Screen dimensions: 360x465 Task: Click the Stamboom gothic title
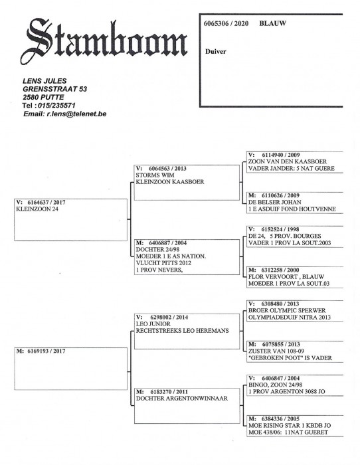(x=104, y=40)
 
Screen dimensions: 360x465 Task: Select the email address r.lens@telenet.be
(x=76, y=114)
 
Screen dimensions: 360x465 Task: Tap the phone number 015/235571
(x=56, y=105)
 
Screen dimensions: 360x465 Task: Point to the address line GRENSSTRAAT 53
(x=55, y=89)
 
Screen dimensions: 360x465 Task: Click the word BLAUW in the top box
(x=272, y=23)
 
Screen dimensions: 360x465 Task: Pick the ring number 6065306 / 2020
(x=226, y=23)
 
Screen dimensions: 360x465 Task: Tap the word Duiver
(x=216, y=51)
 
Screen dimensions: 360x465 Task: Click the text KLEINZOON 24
(x=37, y=209)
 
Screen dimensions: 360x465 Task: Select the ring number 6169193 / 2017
(x=46, y=351)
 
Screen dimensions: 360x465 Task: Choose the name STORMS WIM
(x=155, y=175)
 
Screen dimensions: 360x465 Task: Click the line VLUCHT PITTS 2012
(x=163, y=263)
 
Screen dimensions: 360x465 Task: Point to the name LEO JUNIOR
(x=153, y=324)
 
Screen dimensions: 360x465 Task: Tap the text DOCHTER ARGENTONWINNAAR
(x=182, y=399)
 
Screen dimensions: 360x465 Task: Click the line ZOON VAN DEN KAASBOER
(x=288, y=161)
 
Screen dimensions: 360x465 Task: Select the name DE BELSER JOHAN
(x=274, y=202)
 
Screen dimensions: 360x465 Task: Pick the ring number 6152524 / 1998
(x=280, y=229)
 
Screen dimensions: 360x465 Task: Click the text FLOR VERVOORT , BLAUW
(x=286, y=277)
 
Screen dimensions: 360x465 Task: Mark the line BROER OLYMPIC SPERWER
(x=287, y=310)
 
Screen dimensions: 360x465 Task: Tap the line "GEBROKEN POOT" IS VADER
(x=290, y=358)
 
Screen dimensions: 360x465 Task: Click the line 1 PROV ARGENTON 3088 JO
(x=287, y=392)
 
